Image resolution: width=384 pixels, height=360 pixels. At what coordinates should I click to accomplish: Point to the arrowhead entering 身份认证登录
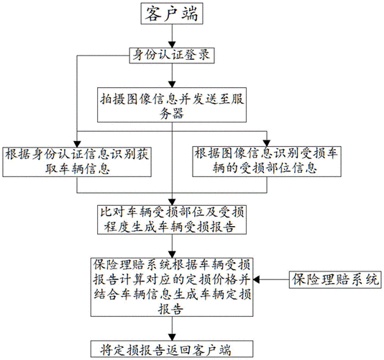172,45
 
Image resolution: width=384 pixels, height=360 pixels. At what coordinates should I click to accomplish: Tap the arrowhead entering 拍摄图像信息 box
172,84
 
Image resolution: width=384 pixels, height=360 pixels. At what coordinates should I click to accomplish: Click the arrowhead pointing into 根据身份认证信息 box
77,144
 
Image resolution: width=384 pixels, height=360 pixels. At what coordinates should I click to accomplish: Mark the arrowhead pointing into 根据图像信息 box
267,143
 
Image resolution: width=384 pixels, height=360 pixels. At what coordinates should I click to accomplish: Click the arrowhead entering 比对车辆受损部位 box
172,202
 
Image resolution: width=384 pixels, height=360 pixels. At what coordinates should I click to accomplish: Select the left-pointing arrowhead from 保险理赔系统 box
256,279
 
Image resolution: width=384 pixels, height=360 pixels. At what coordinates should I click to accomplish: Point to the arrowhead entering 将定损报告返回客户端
172,338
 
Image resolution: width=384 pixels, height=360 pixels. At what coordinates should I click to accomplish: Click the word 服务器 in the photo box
172,114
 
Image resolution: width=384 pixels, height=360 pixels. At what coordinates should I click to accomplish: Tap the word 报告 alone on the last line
170,309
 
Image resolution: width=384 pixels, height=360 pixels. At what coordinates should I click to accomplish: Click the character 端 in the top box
189,14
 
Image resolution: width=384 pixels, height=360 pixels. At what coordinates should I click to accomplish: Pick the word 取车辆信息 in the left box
78,168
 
